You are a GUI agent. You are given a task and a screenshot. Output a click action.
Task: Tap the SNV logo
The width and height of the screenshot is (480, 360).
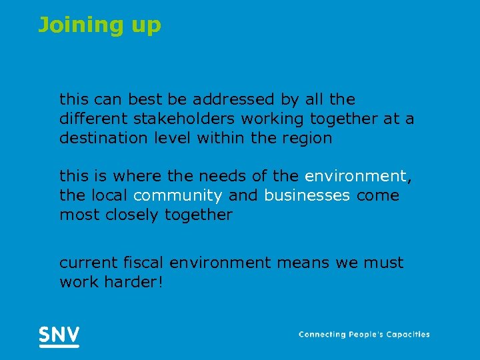pos(59,335)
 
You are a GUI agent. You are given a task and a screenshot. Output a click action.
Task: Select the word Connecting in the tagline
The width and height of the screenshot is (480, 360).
pos(323,335)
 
